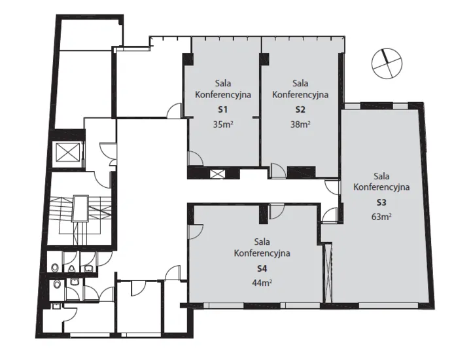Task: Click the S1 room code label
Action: pos(222,110)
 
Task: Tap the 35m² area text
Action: pos(223,124)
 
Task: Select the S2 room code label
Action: pos(300,110)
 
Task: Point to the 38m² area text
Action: pos(300,124)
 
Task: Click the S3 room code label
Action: pos(381,202)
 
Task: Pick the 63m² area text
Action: pos(381,217)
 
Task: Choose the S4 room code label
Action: pos(262,268)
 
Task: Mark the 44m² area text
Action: pos(262,283)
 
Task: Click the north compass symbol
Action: pos(387,63)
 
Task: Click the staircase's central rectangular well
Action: pos(81,209)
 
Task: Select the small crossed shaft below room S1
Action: pos(217,174)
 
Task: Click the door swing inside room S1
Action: pos(195,158)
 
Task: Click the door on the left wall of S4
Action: pos(196,232)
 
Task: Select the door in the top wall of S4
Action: pos(277,211)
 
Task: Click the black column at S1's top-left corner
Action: pos(188,59)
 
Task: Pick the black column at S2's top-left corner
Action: pos(264,59)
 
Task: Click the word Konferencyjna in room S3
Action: pos(381,187)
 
